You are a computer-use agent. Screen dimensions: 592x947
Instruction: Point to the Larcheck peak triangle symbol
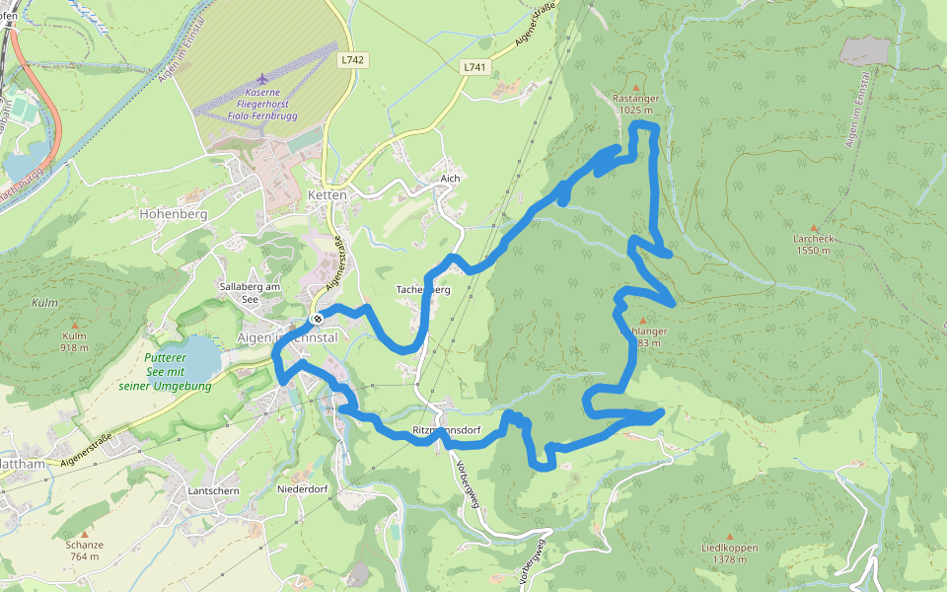pos(814,227)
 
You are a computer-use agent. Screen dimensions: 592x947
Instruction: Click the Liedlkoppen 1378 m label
pos(729,554)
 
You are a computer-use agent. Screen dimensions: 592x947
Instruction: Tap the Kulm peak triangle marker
pos(74,324)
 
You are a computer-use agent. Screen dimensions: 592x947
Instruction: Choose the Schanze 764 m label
pos(84,551)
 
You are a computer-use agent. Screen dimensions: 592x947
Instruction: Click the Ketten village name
pos(328,195)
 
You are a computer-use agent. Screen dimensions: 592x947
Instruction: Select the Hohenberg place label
pos(173,212)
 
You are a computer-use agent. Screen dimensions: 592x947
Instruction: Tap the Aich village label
pos(451,179)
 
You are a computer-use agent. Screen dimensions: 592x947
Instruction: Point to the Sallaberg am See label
pos(250,292)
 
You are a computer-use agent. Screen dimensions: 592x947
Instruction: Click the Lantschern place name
pos(215,489)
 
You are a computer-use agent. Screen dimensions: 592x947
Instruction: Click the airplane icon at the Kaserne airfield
pos(262,78)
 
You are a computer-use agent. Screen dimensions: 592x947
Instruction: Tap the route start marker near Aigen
pos(318,319)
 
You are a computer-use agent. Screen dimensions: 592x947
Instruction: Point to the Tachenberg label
pos(423,290)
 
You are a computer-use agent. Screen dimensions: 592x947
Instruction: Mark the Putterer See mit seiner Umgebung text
pos(165,372)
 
